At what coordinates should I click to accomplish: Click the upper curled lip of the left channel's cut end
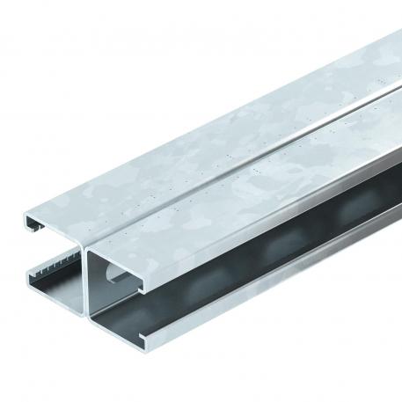[30, 217]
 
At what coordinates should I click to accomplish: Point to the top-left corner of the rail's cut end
[24, 211]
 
